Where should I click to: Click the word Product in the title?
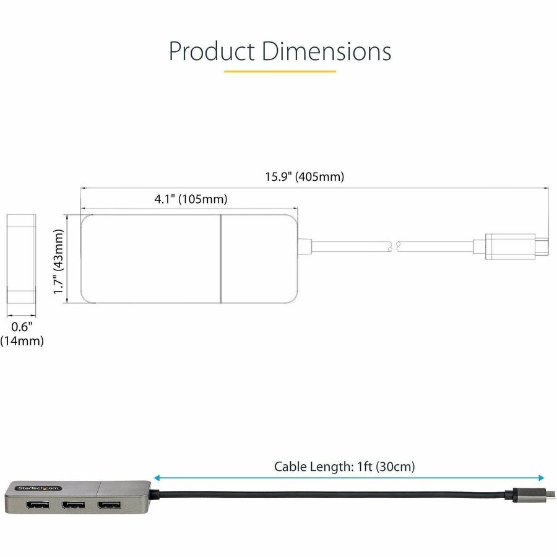(x=212, y=51)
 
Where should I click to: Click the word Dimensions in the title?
(x=326, y=51)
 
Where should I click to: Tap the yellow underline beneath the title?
(x=280, y=71)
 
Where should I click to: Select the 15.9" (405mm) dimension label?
(x=304, y=176)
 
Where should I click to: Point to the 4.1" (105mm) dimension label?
(x=191, y=199)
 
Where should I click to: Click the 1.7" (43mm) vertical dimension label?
(x=58, y=261)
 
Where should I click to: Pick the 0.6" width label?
(x=22, y=326)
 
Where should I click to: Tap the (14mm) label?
(x=22, y=341)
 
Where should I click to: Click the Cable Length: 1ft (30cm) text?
(x=344, y=467)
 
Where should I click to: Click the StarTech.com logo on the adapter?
(x=38, y=488)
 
